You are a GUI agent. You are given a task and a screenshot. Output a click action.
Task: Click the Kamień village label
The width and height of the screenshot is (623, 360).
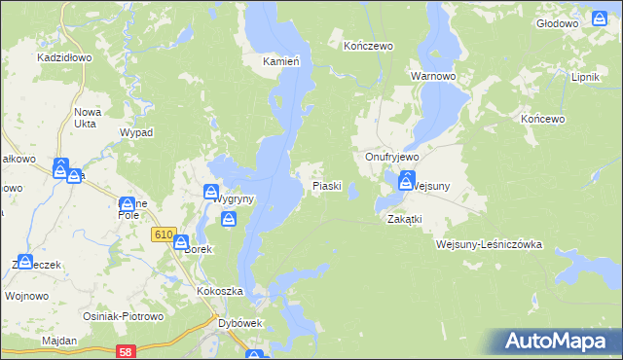[280, 60]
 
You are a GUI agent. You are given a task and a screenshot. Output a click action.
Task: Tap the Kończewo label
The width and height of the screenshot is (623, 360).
[368, 46]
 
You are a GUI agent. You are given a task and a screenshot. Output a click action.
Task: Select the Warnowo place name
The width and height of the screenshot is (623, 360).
[433, 75]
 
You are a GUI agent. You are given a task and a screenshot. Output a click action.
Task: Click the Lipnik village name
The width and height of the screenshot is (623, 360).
[585, 77]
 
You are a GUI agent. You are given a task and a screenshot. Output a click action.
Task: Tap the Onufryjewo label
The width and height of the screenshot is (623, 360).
[391, 157]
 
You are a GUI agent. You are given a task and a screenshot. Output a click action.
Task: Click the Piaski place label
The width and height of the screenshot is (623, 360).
[326, 185]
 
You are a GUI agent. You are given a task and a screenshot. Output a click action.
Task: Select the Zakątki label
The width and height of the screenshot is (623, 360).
[403, 219]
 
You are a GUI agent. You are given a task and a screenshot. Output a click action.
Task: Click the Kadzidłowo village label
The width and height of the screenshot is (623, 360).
[64, 57]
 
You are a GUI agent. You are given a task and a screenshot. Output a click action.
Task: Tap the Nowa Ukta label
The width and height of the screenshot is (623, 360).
[88, 119]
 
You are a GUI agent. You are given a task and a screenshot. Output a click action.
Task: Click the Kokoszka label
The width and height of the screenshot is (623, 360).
[219, 291]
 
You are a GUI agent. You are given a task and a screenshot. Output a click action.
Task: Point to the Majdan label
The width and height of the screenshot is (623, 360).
[58, 342]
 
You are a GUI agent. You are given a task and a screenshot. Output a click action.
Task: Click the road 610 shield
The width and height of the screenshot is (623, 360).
[163, 235]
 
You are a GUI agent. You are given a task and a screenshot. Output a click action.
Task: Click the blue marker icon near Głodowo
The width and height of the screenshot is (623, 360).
[600, 18]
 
